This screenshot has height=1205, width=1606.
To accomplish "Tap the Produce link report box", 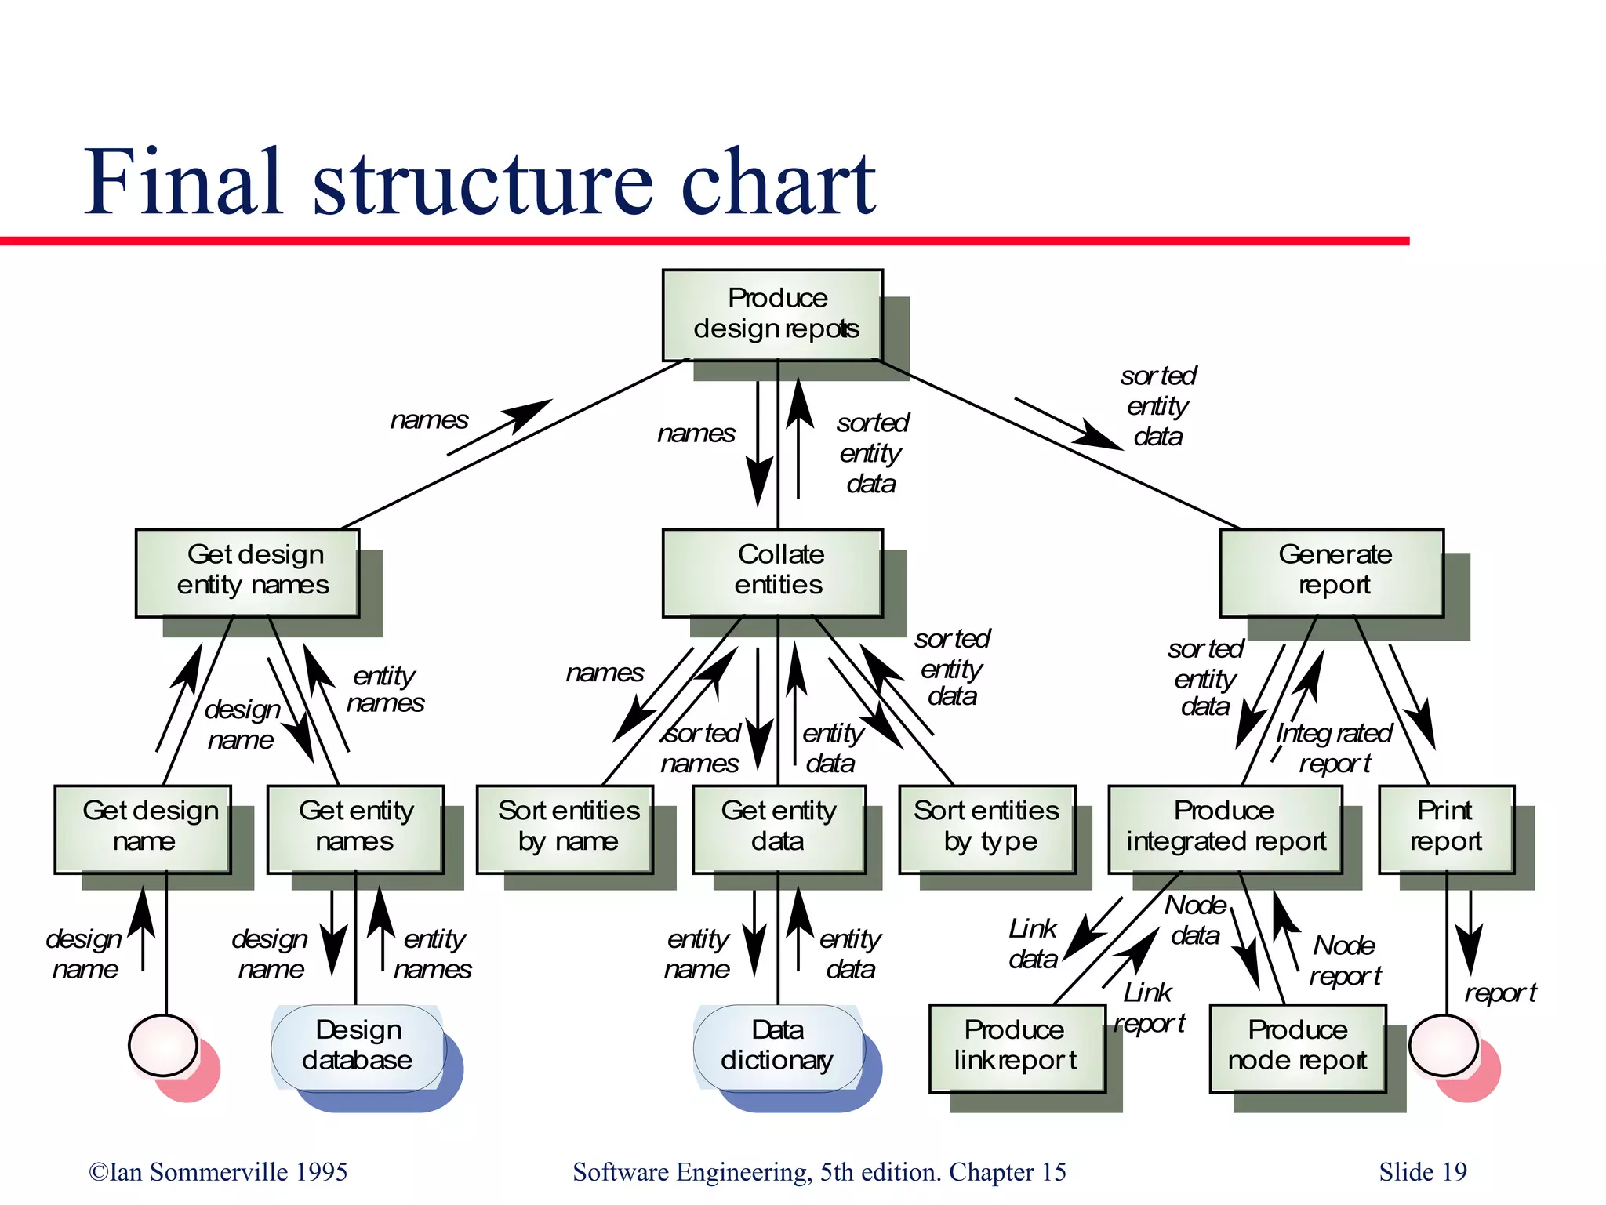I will (x=1016, y=1048).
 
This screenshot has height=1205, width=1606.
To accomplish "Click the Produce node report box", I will (x=1298, y=1048).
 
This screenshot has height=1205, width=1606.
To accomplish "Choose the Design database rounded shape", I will (x=358, y=1048).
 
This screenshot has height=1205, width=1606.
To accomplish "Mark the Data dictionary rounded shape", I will (x=778, y=1048).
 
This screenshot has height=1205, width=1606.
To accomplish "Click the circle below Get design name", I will (x=163, y=1045).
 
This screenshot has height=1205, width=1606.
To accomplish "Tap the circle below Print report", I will (x=1443, y=1045).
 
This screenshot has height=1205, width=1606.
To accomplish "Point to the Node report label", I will (x=1344, y=960).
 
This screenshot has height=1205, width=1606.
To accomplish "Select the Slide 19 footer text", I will (x=1423, y=1172).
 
